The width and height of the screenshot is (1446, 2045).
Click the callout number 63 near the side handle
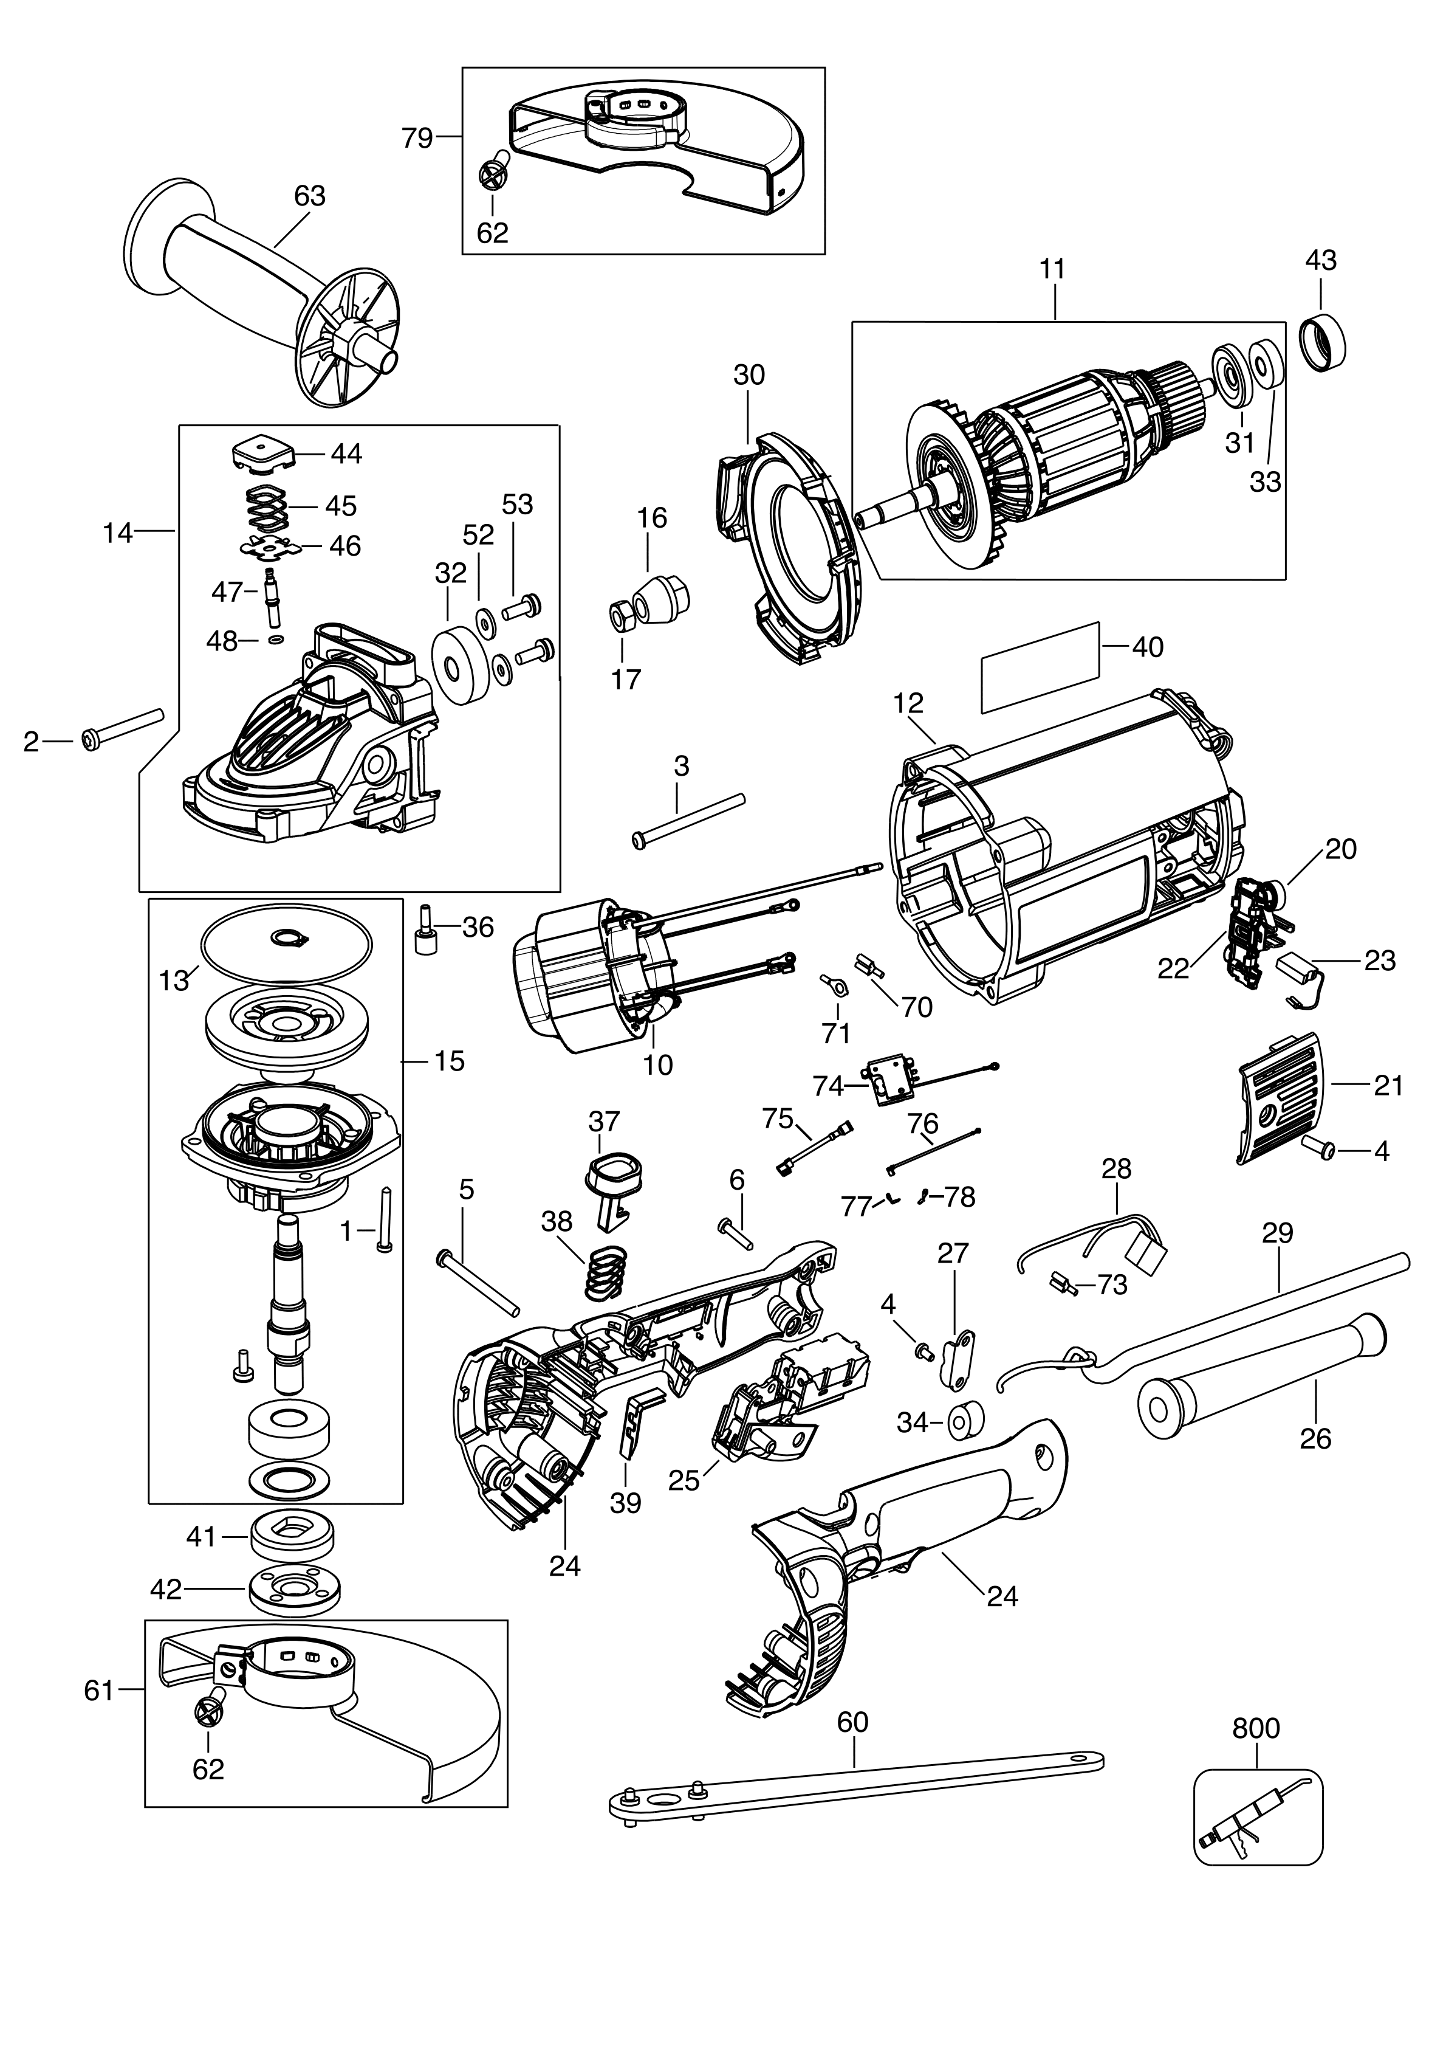click(309, 196)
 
